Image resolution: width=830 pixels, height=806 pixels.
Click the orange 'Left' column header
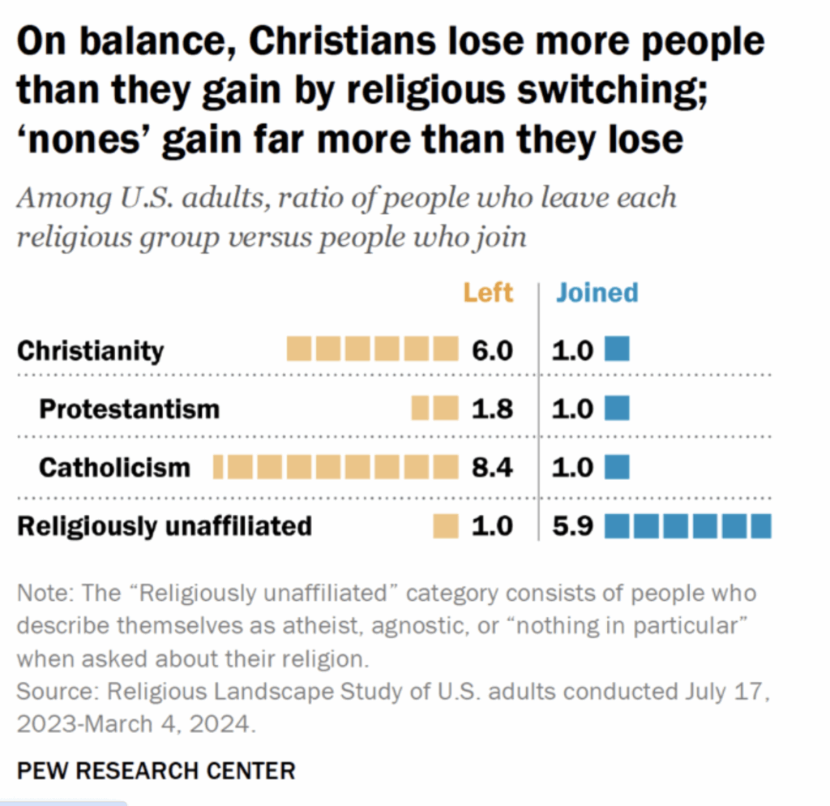point(488,292)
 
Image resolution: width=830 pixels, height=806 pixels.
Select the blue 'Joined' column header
point(597,292)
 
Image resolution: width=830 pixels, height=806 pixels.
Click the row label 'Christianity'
point(90,350)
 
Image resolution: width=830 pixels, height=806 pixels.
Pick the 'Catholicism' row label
point(114,467)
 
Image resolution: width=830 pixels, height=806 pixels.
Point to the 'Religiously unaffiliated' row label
point(165,525)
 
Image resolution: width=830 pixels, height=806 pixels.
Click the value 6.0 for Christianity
point(492,350)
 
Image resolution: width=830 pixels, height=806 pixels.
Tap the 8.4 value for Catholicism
point(492,467)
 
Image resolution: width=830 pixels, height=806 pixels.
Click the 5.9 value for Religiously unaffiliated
point(573,525)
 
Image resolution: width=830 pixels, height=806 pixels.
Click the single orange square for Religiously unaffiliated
point(445,525)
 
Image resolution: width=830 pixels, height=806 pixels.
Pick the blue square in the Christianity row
point(617,350)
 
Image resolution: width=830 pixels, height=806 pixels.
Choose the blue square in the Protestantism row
point(617,408)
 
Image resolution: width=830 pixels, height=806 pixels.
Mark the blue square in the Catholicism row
point(617,467)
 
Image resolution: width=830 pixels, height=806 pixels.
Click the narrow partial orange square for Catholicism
point(217,467)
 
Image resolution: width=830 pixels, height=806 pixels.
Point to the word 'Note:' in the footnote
point(44,593)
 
